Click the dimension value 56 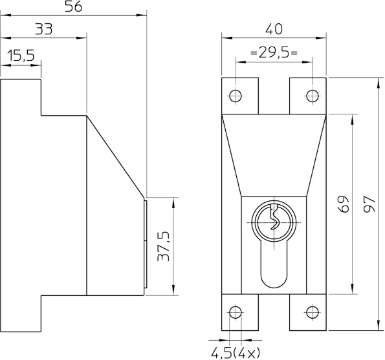coord(73,7)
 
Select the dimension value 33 coord(44,29)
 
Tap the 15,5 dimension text coord(21,56)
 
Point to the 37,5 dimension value coord(164,246)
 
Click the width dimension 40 coord(274,29)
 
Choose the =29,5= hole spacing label coord(274,53)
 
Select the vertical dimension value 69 coord(343,204)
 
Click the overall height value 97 coord(369,204)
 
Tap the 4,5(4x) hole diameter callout coord(236,353)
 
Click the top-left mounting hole coord(236,96)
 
